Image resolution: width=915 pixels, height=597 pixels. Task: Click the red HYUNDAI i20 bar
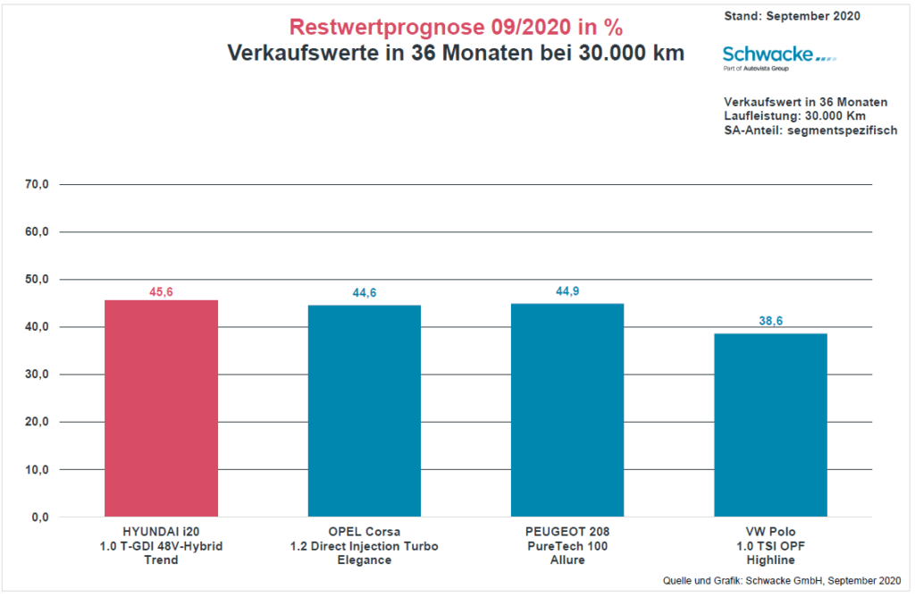tap(161, 408)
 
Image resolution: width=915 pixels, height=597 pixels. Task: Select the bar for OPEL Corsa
tap(364, 411)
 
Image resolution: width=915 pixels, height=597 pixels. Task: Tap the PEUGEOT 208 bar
tap(567, 410)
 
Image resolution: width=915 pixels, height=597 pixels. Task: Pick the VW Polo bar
tap(770, 425)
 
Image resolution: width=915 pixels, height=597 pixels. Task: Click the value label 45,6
tap(161, 292)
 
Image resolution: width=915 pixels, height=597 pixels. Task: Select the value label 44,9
tap(567, 291)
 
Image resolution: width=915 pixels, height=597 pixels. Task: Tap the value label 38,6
tap(770, 322)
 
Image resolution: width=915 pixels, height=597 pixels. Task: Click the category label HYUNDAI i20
tap(161, 532)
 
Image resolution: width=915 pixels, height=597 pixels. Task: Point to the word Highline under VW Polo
tap(770, 560)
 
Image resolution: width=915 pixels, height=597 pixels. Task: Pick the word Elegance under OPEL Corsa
tap(364, 560)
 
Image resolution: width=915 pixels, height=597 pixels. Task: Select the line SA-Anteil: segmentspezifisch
tap(810, 130)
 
